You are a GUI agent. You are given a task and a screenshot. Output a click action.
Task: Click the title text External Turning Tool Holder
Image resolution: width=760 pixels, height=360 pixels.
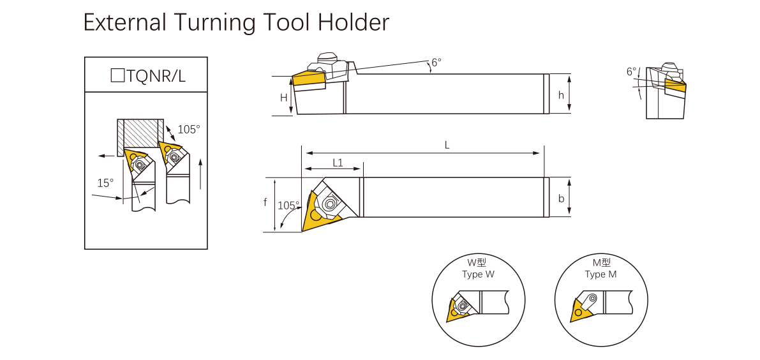(236, 23)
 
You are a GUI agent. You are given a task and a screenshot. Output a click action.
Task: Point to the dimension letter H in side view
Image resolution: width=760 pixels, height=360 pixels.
(284, 98)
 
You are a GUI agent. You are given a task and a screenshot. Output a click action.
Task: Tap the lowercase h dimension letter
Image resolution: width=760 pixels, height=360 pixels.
(561, 95)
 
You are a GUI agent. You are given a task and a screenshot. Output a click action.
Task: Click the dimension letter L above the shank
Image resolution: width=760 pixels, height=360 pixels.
(447, 146)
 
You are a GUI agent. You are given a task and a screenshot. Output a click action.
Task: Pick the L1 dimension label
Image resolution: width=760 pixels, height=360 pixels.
(338, 163)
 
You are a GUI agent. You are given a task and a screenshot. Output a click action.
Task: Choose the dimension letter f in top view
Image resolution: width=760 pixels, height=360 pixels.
(265, 203)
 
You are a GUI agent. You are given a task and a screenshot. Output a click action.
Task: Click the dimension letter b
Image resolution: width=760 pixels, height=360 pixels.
(561, 199)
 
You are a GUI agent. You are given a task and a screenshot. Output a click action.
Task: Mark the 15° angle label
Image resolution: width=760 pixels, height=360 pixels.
(105, 183)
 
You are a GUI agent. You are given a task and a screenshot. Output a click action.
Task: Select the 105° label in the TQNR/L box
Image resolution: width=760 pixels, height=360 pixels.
(188, 129)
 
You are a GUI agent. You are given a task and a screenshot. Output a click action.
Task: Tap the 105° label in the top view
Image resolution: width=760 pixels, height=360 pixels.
(288, 206)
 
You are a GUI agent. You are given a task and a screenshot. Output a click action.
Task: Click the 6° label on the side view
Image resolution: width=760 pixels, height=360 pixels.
(436, 63)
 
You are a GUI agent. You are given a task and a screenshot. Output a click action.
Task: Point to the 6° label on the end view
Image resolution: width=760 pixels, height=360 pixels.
(631, 71)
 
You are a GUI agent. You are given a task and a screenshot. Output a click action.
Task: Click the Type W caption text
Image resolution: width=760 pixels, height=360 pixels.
(478, 274)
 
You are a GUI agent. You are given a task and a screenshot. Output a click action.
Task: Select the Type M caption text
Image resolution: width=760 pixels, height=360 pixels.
(600, 274)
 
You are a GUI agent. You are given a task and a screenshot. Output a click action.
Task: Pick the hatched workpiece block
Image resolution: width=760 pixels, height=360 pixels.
(140, 135)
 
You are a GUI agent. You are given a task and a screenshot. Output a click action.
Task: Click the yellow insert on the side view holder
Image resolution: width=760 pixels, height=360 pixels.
(309, 79)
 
